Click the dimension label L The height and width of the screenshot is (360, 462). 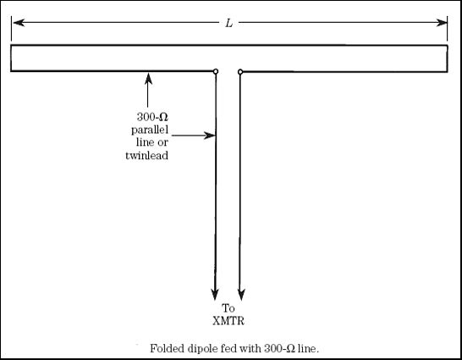click(229, 23)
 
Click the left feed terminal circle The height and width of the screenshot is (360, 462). click(216, 71)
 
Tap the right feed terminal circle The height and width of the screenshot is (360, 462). click(240, 72)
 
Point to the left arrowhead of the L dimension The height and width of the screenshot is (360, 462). click(19, 22)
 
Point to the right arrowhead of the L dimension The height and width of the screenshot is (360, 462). click(442, 23)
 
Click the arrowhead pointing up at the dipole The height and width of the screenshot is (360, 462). click(149, 79)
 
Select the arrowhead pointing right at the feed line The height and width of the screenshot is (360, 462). click(210, 136)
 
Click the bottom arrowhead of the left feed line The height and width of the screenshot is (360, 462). click(215, 295)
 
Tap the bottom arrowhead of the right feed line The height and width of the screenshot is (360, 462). click(241, 295)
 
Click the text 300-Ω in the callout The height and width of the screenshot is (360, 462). click(152, 118)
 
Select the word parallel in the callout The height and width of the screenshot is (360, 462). click(150, 130)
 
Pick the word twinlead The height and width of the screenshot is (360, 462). click(146, 155)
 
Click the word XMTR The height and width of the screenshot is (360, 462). click(228, 321)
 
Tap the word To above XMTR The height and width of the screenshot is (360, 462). click(228, 308)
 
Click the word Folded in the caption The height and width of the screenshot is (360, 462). click(164, 348)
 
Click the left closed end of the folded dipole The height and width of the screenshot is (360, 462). click(11, 58)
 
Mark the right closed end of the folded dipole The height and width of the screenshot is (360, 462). click(448, 58)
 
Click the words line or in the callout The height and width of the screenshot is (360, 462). click(152, 142)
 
